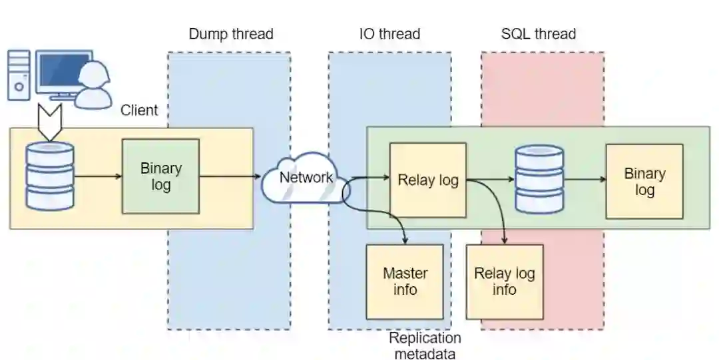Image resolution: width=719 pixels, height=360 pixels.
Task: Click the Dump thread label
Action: click(x=230, y=34)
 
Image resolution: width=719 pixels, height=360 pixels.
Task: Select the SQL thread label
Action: click(x=538, y=34)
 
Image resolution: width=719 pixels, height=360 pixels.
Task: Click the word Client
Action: click(x=139, y=110)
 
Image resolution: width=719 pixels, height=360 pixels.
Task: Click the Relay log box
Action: click(x=427, y=180)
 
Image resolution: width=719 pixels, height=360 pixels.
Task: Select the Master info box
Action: click(x=405, y=281)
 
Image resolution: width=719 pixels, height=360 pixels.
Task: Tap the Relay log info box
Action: click(x=504, y=281)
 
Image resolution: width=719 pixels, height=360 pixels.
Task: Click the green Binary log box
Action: click(x=160, y=176)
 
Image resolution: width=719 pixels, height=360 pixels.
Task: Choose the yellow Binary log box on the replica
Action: click(x=644, y=181)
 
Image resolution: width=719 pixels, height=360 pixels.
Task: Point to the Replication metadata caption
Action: click(x=425, y=345)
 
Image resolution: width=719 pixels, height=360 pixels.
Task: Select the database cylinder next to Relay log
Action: click(x=540, y=178)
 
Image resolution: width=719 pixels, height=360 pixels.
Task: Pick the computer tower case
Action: click(x=19, y=75)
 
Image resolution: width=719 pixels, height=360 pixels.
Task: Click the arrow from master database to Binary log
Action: click(x=98, y=176)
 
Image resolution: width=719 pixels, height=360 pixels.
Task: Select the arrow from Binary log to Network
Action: click(x=230, y=176)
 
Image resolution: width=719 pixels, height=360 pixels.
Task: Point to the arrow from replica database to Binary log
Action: click(x=584, y=179)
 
